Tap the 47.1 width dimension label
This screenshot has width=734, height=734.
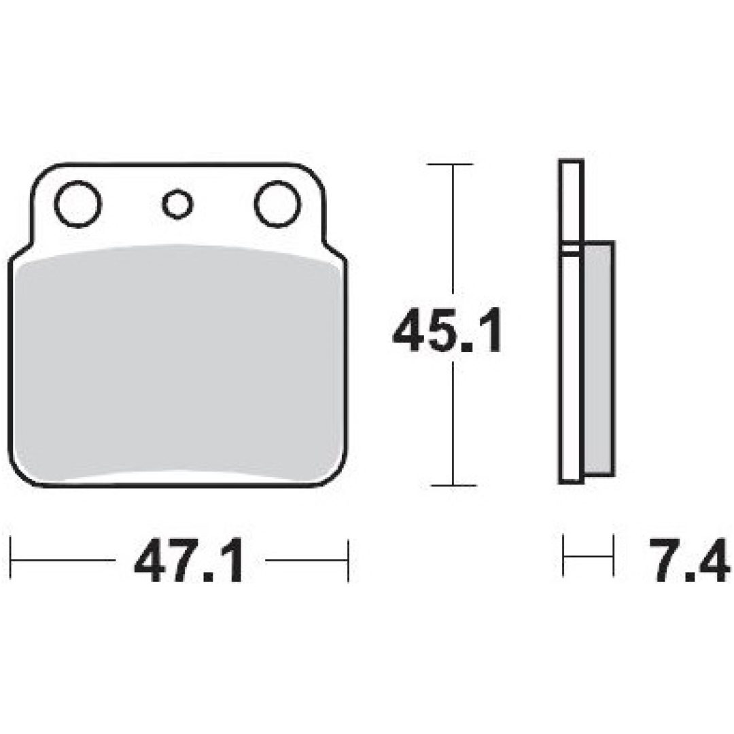(189, 560)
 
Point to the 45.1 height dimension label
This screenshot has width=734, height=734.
(447, 330)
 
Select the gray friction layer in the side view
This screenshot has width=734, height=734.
(599, 358)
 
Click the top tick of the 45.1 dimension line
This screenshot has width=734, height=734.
(451, 164)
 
